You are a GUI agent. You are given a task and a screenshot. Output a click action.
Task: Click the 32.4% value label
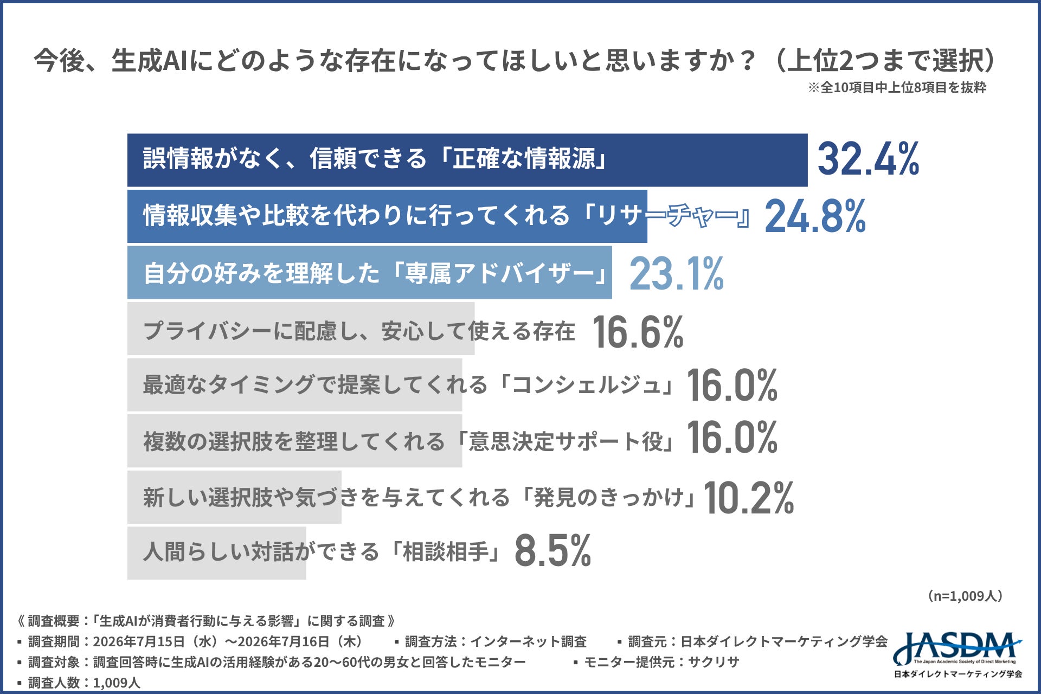click(868, 159)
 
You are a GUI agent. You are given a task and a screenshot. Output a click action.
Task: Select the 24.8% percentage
click(815, 216)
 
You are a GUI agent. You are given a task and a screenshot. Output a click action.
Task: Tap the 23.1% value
click(677, 274)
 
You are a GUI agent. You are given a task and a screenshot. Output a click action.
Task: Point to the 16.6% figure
click(638, 331)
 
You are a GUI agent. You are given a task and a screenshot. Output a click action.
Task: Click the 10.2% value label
click(749, 498)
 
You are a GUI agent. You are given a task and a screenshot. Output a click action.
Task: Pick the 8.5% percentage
click(552, 551)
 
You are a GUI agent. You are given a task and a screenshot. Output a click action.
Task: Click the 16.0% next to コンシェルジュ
click(732, 385)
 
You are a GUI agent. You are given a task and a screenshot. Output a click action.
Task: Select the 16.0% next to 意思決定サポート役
click(732, 437)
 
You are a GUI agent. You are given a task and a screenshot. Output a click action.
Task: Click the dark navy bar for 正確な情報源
click(467, 160)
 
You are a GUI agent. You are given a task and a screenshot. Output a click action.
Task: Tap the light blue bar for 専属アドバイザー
click(370, 272)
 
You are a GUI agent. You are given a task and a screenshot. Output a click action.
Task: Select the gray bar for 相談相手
click(217, 553)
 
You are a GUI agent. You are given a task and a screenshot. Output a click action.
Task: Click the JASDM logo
click(958, 655)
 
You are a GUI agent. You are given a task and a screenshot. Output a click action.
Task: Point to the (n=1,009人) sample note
click(965, 596)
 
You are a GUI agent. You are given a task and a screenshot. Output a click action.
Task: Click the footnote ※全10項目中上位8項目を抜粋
click(897, 88)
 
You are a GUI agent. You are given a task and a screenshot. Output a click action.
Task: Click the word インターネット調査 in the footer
click(528, 642)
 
